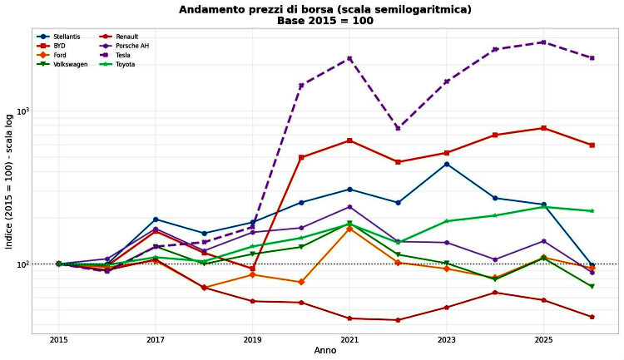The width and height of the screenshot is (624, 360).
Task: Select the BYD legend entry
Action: pyautogui.click(x=50, y=47)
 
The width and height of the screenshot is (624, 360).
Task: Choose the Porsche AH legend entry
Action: pyautogui.click(x=123, y=47)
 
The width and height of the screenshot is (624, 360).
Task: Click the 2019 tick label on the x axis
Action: pyautogui.click(x=252, y=340)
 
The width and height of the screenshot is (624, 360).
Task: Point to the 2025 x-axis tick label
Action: pyautogui.click(x=543, y=340)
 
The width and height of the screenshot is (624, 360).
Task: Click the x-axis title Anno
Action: pyautogui.click(x=325, y=351)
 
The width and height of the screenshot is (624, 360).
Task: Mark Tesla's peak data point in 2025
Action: pyautogui.click(x=543, y=42)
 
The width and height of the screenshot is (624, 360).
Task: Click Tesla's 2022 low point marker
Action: pyautogui.click(x=398, y=128)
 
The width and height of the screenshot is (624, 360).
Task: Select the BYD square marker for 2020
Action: pyautogui.click(x=301, y=157)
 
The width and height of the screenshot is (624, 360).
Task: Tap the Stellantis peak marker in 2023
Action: pyautogui.click(x=447, y=165)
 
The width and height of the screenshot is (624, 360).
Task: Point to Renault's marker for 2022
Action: pyautogui.click(x=398, y=320)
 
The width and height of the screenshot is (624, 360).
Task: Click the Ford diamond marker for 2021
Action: pyautogui.click(x=349, y=229)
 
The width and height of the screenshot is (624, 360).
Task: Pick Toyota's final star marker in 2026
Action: pyautogui.click(x=592, y=211)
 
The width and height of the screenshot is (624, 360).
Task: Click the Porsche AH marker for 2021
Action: pyautogui.click(x=349, y=207)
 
